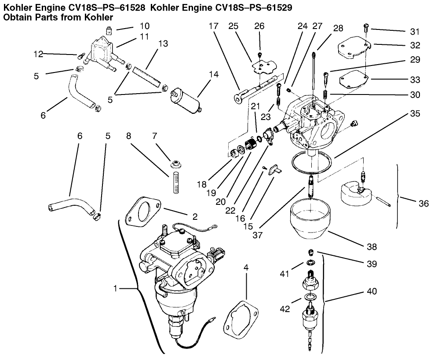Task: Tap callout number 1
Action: (115, 289)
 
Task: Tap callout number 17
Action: (213, 26)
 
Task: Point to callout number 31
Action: (415, 31)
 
